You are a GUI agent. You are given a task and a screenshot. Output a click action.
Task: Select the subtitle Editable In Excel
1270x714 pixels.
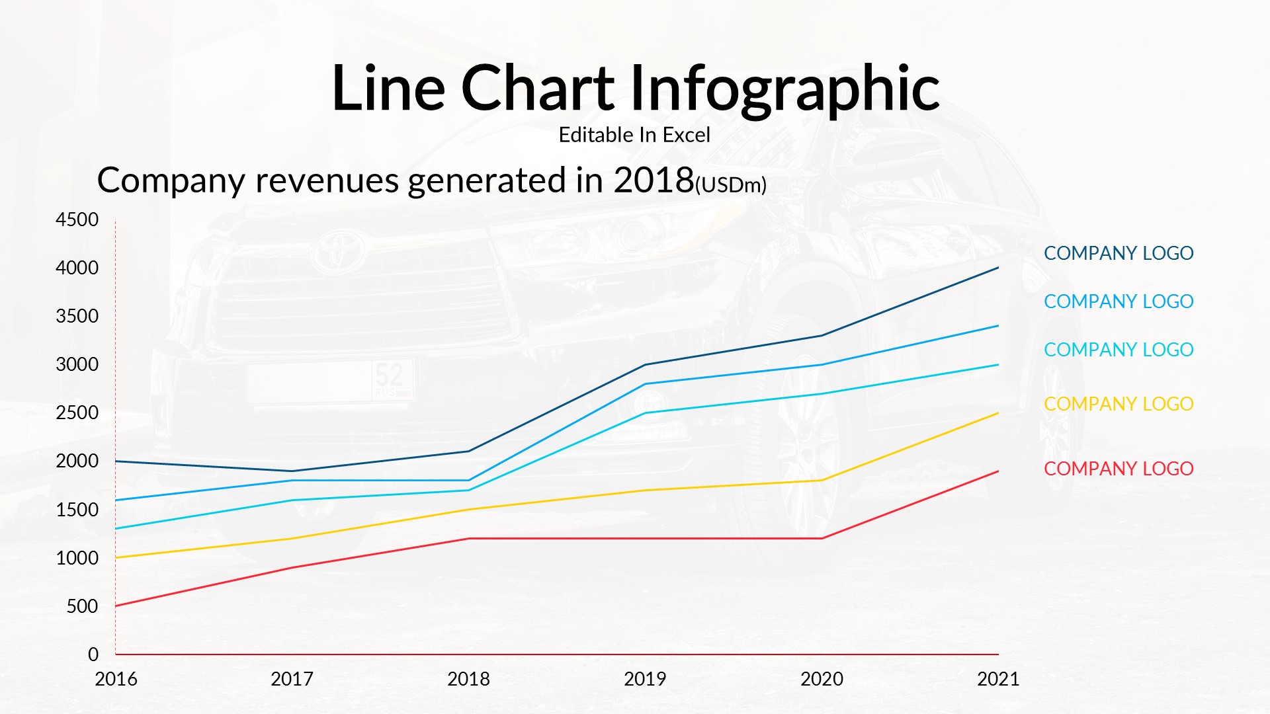pos(634,135)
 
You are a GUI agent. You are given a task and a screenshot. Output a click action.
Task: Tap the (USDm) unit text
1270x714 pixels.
pos(731,185)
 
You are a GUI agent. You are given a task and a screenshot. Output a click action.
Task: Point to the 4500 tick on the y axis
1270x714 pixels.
pos(77,219)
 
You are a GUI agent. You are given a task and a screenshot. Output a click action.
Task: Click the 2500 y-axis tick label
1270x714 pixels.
pos(77,413)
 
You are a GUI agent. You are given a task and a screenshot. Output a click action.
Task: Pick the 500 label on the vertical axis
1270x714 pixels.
pos(82,606)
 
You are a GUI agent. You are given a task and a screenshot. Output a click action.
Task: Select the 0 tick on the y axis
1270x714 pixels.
pos(93,654)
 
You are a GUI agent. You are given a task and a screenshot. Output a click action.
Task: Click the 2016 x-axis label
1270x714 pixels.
pos(116,679)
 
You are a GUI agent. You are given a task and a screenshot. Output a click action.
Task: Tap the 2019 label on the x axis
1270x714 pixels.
pos(645,679)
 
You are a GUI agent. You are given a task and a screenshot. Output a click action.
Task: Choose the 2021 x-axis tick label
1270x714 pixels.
pos(998,679)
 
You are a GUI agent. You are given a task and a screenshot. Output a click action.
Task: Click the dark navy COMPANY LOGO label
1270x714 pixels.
pos(1119,253)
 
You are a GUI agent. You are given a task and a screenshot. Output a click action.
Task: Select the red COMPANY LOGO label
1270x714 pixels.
pos(1119,469)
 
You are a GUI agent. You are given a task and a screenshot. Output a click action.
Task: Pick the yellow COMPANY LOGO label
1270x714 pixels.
pos(1119,404)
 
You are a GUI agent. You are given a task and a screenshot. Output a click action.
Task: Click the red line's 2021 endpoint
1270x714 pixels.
pos(997,471)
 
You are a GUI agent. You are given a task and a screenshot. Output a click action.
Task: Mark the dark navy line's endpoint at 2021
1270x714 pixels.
pos(997,268)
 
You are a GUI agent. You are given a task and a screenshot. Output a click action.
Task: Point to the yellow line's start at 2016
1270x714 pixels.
pos(116,558)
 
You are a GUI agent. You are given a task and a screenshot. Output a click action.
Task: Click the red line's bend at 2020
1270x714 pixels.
pos(822,538)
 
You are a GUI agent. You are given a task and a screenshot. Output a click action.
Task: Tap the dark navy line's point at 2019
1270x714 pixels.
pos(645,365)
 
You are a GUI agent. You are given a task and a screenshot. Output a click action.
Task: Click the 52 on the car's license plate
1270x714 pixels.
pos(389,375)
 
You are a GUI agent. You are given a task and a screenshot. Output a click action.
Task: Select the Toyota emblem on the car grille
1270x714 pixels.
pos(339,249)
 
